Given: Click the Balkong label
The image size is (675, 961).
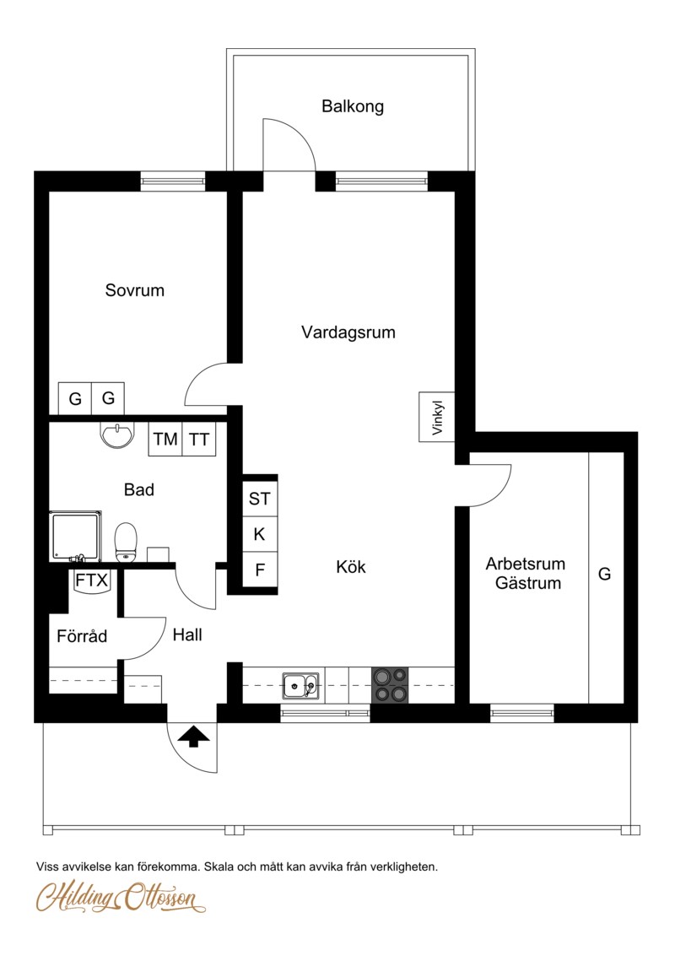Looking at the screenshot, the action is pyautogui.click(x=353, y=106).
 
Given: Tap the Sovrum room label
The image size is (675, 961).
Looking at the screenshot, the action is pyautogui.click(x=135, y=290).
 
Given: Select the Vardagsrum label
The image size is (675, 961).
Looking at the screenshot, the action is pyautogui.click(x=348, y=332).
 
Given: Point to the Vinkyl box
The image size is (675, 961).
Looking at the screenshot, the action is pyautogui.click(x=436, y=417).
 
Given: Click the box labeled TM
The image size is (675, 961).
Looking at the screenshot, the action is pyautogui.click(x=165, y=439).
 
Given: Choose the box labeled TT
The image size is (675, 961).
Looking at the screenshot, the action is pyautogui.click(x=198, y=439).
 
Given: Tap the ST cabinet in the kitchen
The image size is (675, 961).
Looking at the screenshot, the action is pyautogui.click(x=259, y=499).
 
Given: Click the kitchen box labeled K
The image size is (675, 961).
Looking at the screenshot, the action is pyautogui.click(x=259, y=534).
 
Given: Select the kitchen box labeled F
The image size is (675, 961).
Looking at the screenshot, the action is pyautogui.click(x=259, y=570).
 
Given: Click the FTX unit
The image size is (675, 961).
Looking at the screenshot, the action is pyautogui.click(x=91, y=580).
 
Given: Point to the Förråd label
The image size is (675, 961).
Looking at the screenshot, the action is pyautogui.click(x=82, y=636).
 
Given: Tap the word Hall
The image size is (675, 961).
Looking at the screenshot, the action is pyautogui.click(x=187, y=635).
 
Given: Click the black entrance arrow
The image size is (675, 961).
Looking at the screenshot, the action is pyautogui.click(x=194, y=736).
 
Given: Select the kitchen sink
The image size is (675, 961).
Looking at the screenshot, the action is pyautogui.click(x=300, y=685).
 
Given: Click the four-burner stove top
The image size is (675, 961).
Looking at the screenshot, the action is pyautogui.click(x=390, y=684).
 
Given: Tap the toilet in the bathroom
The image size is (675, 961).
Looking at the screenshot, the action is pyautogui.click(x=126, y=543).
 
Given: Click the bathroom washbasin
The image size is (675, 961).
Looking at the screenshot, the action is pyautogui.click(x=116, y=435).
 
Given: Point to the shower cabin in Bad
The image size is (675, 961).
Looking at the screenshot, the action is pyautogui.click(x=75, y=537).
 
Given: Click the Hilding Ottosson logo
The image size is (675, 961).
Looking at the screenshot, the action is pyautogui.click(x=121, y=897).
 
